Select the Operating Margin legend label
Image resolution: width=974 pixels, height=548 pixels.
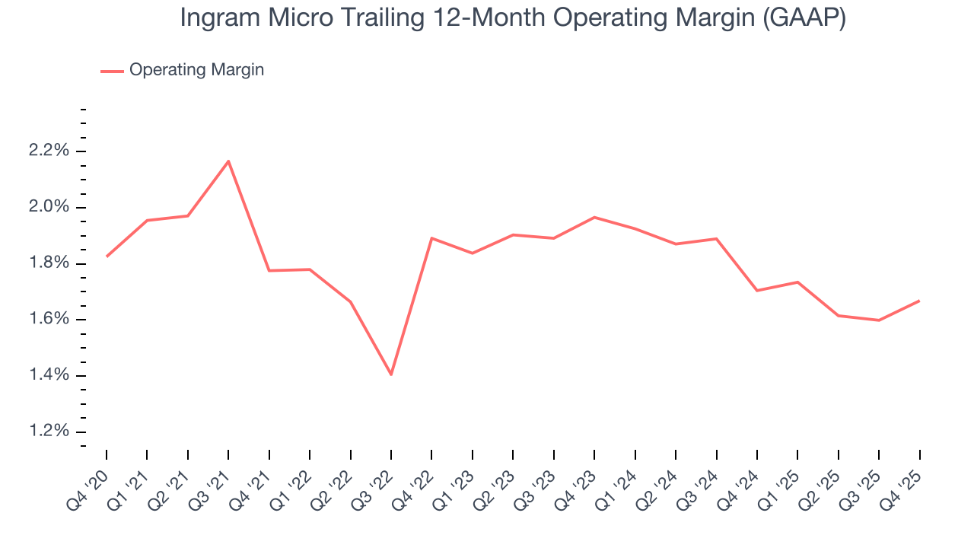[x=196, y=70]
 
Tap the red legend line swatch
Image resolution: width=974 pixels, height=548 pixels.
[x=112, y=71]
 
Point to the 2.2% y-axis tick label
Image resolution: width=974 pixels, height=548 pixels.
[x=49, y=151]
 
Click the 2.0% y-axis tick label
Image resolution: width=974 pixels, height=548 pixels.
[x=49, y=207]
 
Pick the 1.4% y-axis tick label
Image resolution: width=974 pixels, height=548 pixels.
[x=49, y=375]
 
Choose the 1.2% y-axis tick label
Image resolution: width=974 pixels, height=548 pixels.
[x=49, y=432]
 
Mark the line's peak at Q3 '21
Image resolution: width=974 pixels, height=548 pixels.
[x=228, y=161]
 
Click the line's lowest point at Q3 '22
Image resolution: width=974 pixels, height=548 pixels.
[x=391, y=374]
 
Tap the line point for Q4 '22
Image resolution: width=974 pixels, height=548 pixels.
[x=431, y=238]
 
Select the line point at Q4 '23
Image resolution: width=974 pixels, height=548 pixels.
[x=594, y=218]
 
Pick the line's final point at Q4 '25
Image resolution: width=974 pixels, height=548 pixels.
[x=919, y=301]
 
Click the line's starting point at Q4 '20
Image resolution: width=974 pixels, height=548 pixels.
[x=107, y=256]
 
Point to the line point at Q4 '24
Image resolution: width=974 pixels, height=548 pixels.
[x=757, y=291]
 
